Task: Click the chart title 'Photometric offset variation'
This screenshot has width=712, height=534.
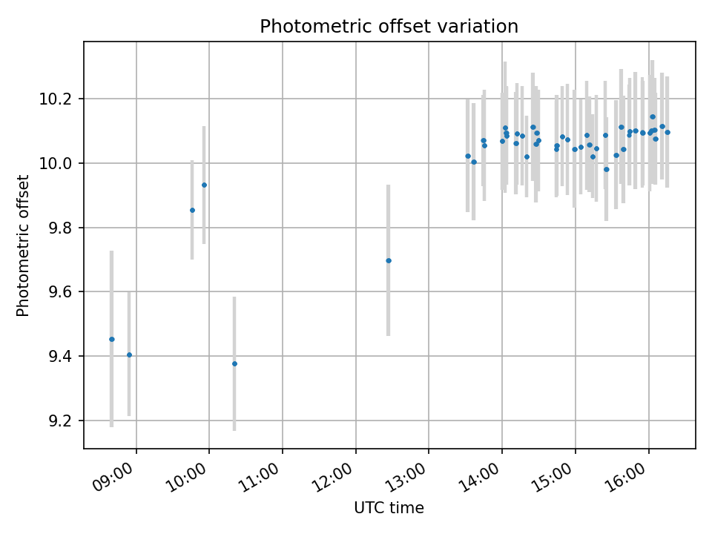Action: [389, 27]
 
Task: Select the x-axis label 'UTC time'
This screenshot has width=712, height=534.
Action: [389, 508]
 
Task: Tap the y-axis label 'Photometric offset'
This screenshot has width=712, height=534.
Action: [23, 245]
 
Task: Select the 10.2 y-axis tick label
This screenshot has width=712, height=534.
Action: [60, 99]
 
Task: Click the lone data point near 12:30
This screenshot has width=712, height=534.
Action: [388, 260]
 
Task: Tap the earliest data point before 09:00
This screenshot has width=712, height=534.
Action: [112, 339]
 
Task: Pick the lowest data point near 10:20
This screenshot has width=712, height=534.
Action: [234, 363]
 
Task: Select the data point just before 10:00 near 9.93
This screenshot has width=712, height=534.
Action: [204, 185]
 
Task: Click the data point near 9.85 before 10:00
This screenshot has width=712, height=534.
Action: [192, 210]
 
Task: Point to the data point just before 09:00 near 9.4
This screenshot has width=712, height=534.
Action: [129, 355]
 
